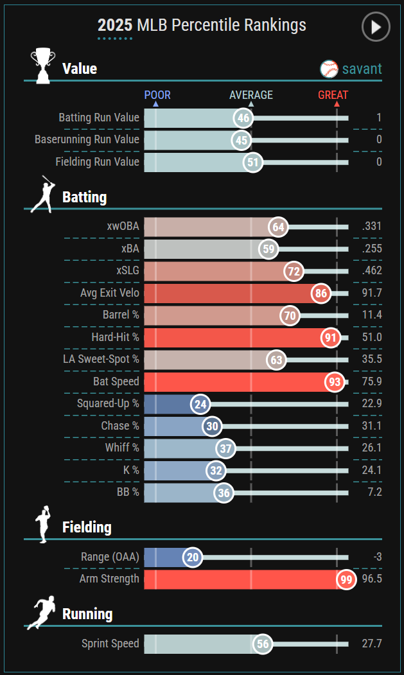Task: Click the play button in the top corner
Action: click(x=376, y=26)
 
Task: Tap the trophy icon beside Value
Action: click(x=43, y=65)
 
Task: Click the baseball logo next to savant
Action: click(x=329, y=69)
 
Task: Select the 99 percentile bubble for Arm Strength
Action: click(x=347, y=579)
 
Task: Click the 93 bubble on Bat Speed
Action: click(x=334, y=382)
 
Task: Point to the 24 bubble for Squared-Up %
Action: click(x=200, y=404)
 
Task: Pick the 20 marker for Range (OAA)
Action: click(x=192, y=557)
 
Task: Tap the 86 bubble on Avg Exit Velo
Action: click(x=321, y=294)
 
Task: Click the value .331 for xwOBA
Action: click(x=371, y=227)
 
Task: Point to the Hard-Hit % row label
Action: click(x=115, y=337)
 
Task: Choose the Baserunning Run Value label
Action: click(x=87, y=139)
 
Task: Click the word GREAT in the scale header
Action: click(x=333, y=95)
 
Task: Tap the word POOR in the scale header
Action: click(x=157, y=95)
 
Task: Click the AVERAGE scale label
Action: click(x=251, y=95)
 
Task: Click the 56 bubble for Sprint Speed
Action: click(x=262, y=644)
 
